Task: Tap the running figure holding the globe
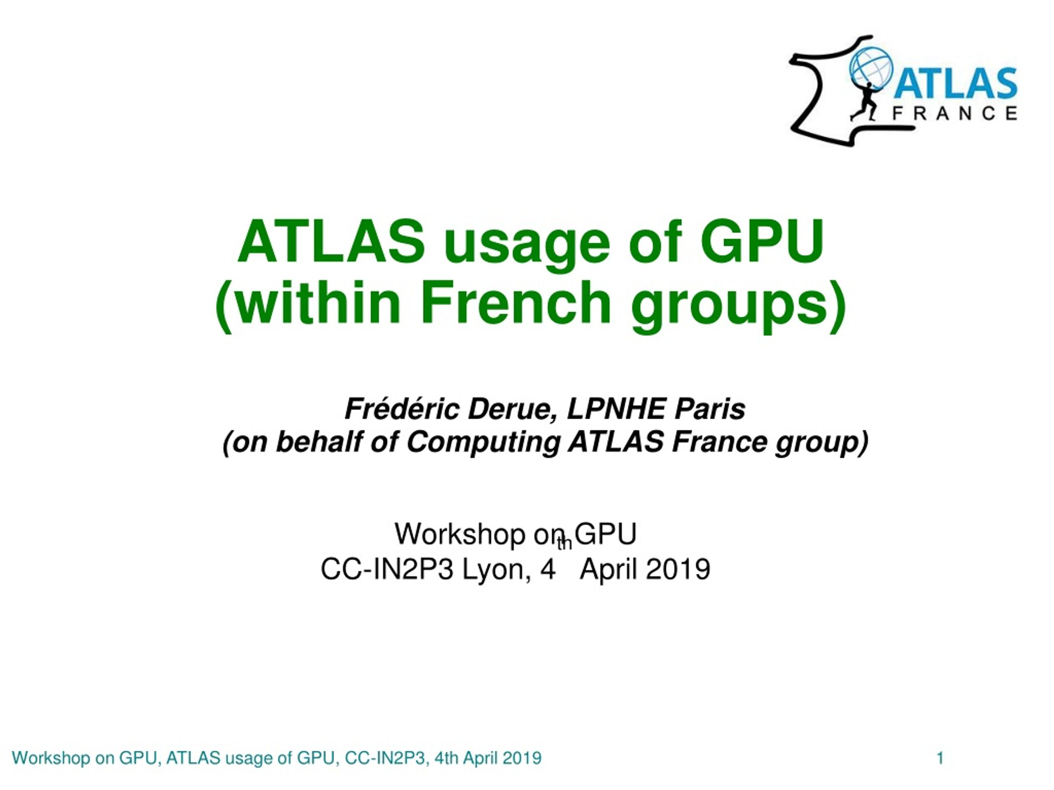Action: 865,101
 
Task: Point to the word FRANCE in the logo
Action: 955,113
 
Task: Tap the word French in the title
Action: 515,302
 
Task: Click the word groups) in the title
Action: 739,307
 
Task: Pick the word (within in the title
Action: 307,305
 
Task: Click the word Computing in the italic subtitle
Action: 483,443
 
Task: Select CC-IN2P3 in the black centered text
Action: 387,569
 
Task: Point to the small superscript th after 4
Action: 564,544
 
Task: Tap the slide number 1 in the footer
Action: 940,757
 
